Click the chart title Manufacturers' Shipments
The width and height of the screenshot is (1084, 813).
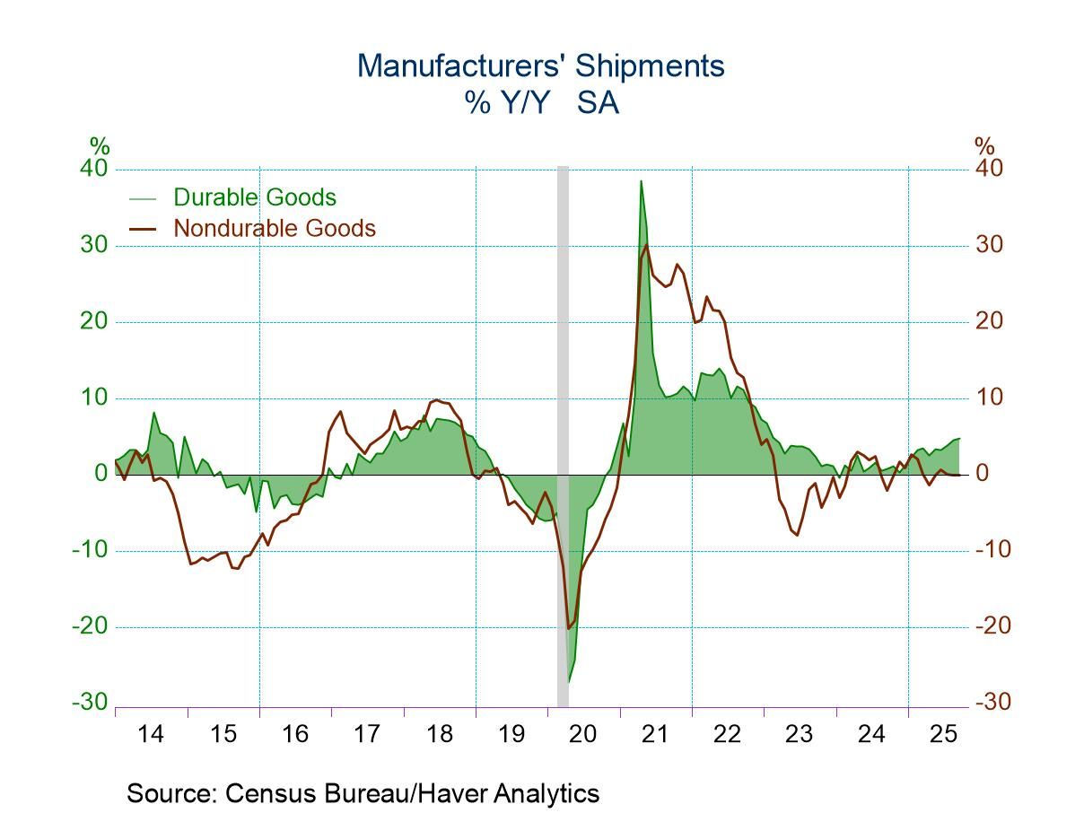[540, 66]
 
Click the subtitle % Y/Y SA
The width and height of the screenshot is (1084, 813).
[541, 103]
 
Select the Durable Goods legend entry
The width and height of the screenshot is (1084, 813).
[254, 197]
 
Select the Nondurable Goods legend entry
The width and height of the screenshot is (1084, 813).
[274, 228]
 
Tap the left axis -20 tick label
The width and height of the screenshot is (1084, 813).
[90, 625]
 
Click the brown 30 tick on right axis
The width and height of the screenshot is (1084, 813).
[991, 245]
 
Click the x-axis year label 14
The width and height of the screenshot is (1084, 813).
[151, 734]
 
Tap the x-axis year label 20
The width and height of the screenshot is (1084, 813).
[583, 734]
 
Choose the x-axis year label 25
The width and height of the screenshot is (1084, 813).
[944, 734]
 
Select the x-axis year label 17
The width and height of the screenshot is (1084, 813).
[367, 734]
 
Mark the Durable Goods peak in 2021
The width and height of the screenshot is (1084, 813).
[641, 181]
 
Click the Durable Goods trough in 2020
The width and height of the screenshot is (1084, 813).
[569, 682]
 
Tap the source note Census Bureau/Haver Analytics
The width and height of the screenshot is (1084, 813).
[363, 793]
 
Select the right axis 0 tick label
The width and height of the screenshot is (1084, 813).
[983, 474]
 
